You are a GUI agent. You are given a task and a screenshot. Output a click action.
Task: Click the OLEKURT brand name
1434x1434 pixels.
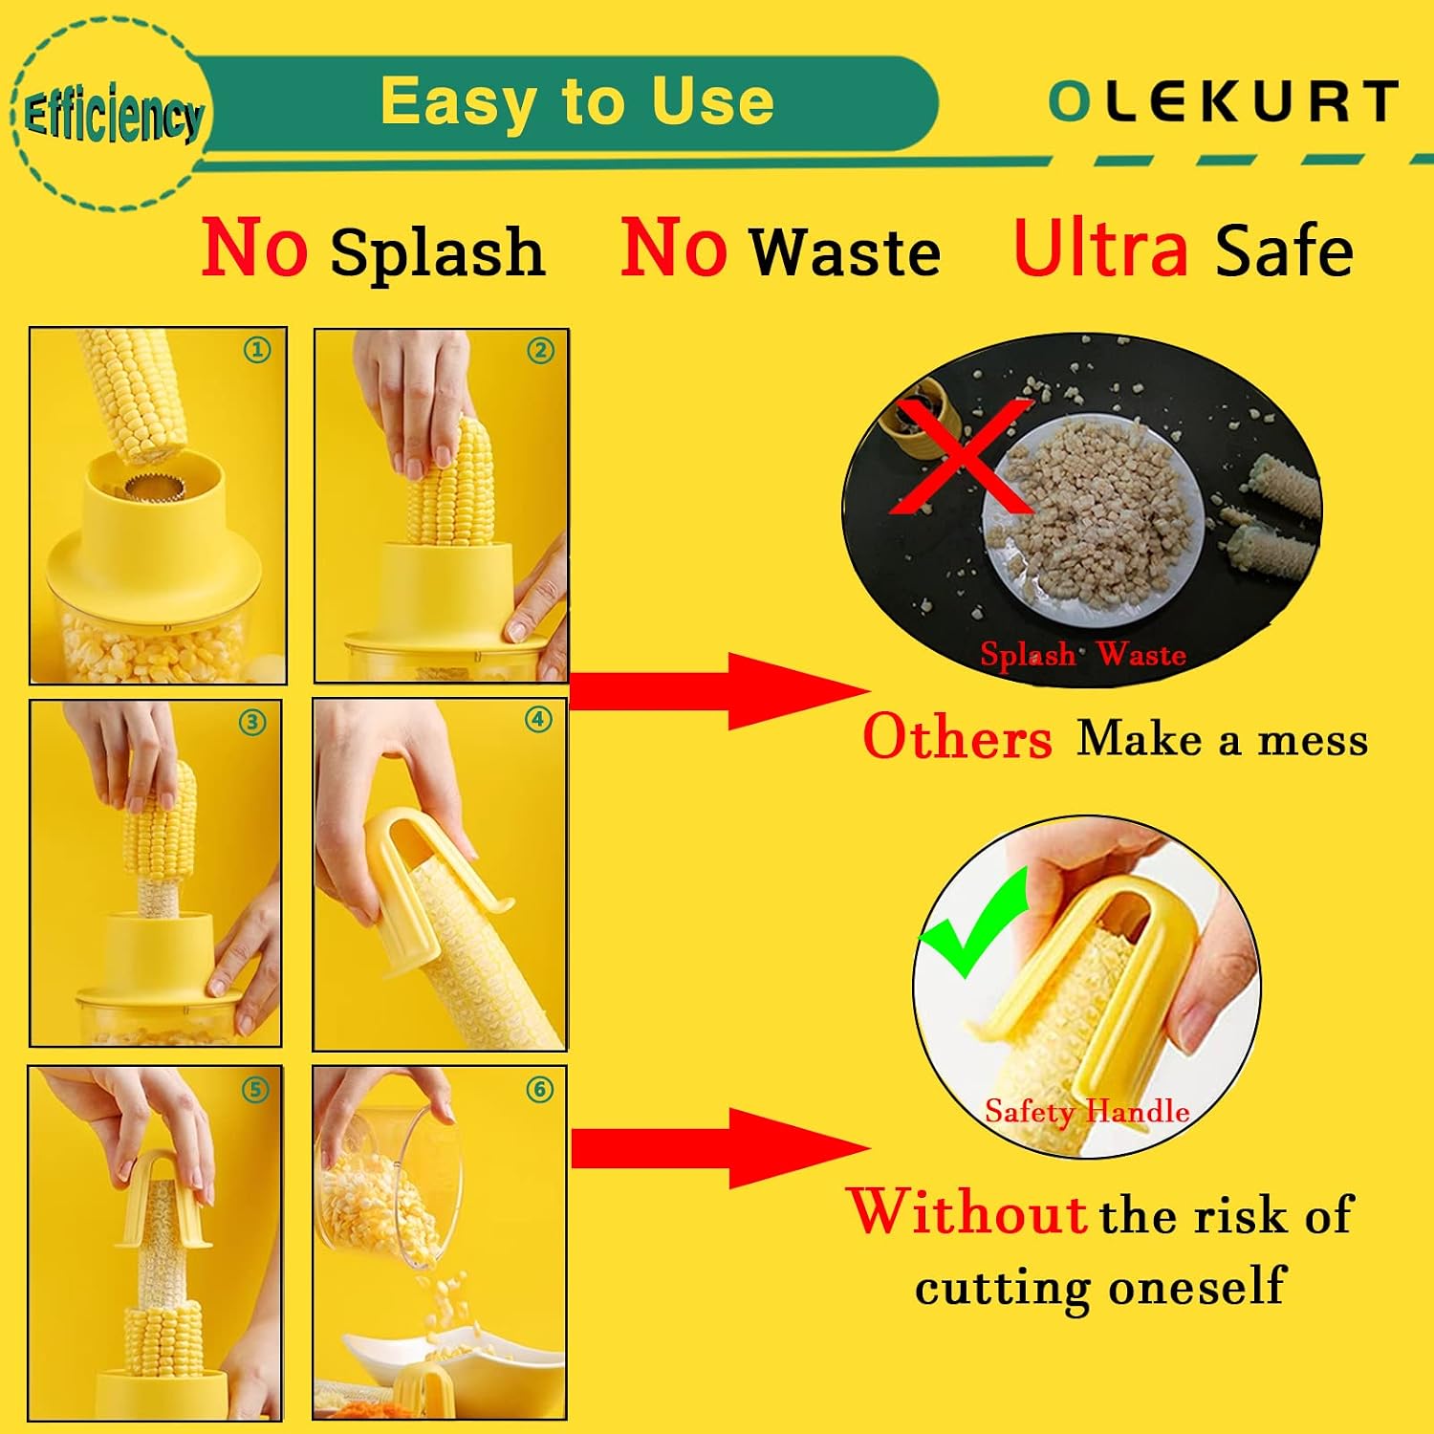point(1223,101)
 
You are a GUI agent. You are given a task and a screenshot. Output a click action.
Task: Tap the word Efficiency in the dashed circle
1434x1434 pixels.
point(113,117)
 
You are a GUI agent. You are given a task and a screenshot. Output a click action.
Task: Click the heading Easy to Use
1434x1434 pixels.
point(576,100)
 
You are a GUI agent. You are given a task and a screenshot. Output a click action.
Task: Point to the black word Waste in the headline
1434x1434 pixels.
point(845,251)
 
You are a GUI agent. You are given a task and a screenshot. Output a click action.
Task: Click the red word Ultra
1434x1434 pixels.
point(1101,248)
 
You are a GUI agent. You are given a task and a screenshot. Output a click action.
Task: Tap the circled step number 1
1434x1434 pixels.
point(256,350)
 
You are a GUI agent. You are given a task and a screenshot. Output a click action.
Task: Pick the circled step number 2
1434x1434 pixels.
point(540,351)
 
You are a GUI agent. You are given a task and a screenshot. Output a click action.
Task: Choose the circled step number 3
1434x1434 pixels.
point(252,722)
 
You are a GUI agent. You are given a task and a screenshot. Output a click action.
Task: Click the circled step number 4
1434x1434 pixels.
point(538,719)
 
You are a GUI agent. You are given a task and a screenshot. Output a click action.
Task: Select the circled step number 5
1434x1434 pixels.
point(254,1090)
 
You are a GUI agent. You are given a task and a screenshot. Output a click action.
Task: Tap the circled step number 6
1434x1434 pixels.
point(540,1090)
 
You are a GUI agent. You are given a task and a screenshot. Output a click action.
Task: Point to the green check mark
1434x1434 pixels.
point(972,925)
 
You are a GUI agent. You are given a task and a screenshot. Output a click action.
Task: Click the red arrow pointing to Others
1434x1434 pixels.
point(719,691)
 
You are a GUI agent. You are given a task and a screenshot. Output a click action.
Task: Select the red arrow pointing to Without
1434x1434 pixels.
point(720,1147)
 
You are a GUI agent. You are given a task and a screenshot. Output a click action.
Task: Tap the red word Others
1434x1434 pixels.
point(957,738)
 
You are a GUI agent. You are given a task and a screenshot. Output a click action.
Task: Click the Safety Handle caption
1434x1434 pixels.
point(1087,1111)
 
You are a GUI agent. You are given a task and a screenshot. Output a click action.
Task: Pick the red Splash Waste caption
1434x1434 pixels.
point(1083,655)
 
